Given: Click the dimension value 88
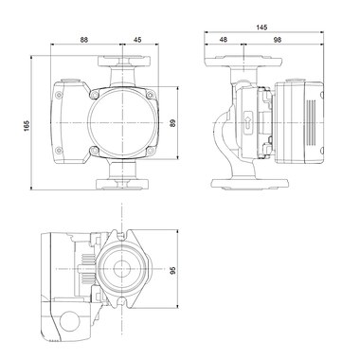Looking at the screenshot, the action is (83, 40).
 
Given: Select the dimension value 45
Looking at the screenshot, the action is (137, 40).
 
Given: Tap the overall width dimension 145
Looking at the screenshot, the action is (261, 27).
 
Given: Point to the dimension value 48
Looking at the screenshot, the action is (223, 40).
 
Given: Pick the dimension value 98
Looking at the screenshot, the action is (278, 40).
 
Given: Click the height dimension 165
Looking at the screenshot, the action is (27, 125).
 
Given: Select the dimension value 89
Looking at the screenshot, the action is (172, 123).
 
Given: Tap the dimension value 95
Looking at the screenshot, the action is (172, 270).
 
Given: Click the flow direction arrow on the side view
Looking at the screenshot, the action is (248, 122).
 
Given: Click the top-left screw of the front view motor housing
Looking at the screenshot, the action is (95, 94).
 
